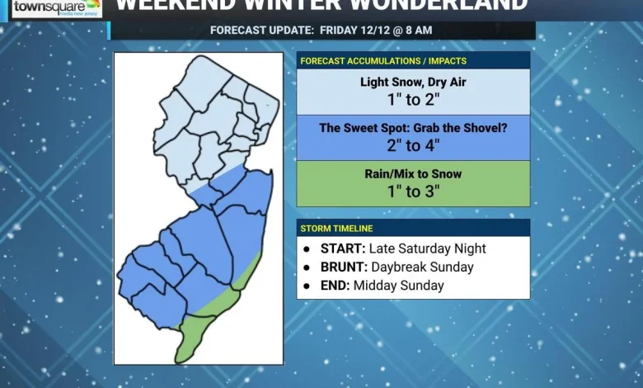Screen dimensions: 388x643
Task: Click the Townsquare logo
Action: coord(55,9)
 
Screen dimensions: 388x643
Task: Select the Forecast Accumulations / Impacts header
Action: coord(383,61)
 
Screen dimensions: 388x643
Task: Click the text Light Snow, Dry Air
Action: coord(413,82)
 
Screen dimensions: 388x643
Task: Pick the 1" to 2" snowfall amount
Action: coord(413,100)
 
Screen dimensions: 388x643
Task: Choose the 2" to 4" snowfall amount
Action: coord(413,146)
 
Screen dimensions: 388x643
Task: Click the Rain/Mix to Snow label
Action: coord(413,174)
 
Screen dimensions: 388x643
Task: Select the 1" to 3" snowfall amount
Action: coord(413,192)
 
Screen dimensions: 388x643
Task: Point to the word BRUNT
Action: coord(344,267)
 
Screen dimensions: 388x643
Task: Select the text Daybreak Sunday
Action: coord(422,267)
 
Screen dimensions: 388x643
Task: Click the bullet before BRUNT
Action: coord(307,267)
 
